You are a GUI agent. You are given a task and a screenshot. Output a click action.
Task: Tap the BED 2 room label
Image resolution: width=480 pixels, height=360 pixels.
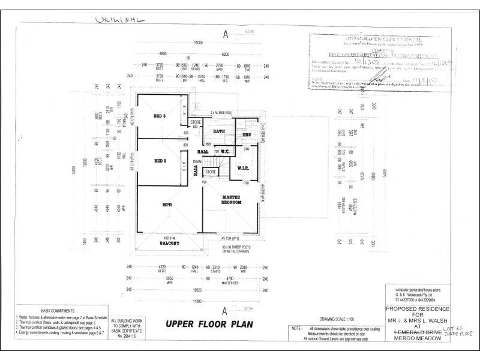(x=160, y=161)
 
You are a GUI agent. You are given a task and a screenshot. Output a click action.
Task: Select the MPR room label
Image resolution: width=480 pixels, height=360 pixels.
(x=168, y=205)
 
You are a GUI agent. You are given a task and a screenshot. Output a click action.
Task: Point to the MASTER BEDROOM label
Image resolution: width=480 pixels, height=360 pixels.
(x=231, y=200)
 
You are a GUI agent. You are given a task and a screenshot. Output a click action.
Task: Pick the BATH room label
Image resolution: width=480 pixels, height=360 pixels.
(x=218, y=131)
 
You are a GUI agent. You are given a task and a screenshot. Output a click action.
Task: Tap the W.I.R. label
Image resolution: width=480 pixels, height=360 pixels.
(x=243, y=167)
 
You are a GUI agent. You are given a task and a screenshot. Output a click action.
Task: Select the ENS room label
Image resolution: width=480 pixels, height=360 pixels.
(x=247, y=135)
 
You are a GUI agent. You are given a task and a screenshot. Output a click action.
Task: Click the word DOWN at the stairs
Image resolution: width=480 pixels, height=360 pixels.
(x=197, y=161)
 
